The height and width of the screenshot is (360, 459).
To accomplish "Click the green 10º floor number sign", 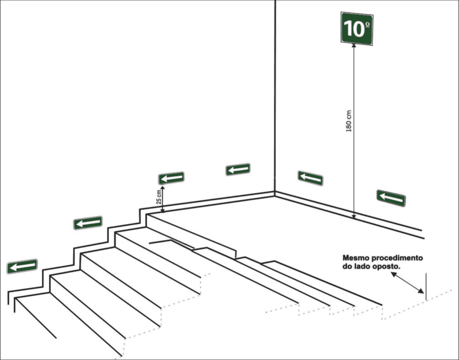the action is pos(357,29).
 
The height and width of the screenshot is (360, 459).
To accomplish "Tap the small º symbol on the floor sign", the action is pos(368,25).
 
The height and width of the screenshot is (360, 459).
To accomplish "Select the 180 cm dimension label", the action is pos(348,121).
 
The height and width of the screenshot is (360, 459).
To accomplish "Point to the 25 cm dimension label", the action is pos(158,197).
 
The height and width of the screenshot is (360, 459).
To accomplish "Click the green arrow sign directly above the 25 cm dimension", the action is pos(171,178).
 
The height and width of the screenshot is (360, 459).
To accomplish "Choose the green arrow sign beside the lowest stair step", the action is pos(22,266).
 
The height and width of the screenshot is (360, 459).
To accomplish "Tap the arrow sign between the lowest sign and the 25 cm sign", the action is pos(88,223).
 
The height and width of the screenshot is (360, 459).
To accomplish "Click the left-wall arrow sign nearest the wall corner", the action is pos(238,169).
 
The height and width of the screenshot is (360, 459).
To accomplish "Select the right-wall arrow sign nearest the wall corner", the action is pos(311,178).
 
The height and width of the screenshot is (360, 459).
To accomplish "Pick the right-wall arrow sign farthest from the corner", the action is pos(391,198).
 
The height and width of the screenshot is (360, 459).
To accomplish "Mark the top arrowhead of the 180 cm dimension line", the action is pos(354,45).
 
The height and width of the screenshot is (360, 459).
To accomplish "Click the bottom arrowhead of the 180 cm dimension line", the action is pos(354,216).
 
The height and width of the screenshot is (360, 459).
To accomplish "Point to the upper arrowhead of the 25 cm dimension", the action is pos(163,187).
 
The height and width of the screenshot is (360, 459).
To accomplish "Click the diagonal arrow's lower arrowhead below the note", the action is pos(421,291).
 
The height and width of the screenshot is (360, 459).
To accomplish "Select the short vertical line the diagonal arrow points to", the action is pos(426,286).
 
